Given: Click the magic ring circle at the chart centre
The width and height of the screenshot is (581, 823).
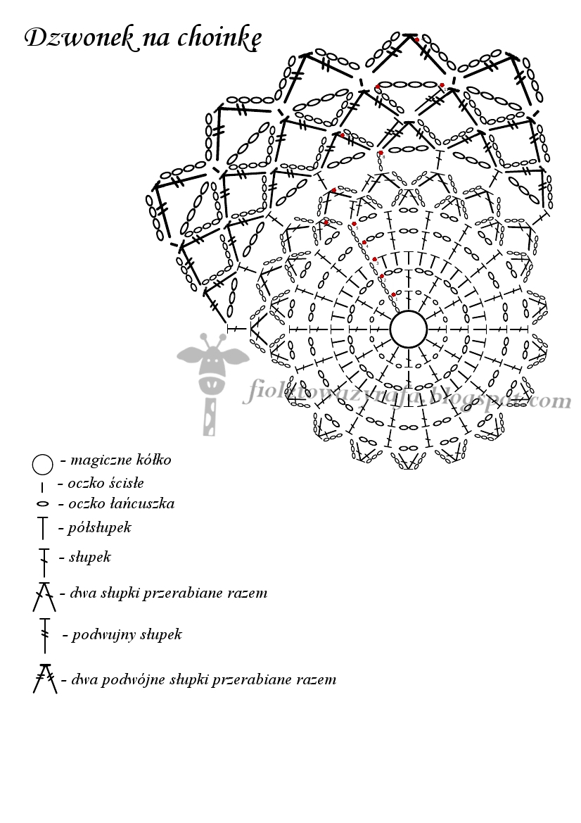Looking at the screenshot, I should [x=409, y=329].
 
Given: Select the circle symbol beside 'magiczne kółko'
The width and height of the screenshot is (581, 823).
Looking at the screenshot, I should [x=42, y=465].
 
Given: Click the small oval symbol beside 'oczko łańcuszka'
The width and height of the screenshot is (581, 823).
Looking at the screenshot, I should [x=42, y=504].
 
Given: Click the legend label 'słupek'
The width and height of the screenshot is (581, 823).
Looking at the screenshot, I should [x=89, y=558].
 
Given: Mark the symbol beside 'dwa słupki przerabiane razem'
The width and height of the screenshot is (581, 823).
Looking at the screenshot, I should [x=43, y=596].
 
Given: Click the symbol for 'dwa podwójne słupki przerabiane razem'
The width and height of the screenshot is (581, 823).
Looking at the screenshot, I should [x=44, y=678].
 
